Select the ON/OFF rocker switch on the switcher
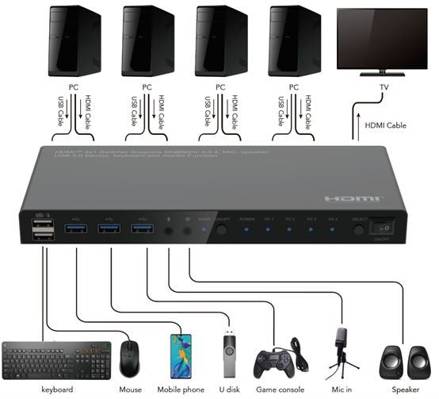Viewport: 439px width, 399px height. coord(386,228)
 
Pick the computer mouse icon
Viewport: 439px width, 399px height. coord(131,359)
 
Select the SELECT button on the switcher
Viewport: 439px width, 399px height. coord(359,229)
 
